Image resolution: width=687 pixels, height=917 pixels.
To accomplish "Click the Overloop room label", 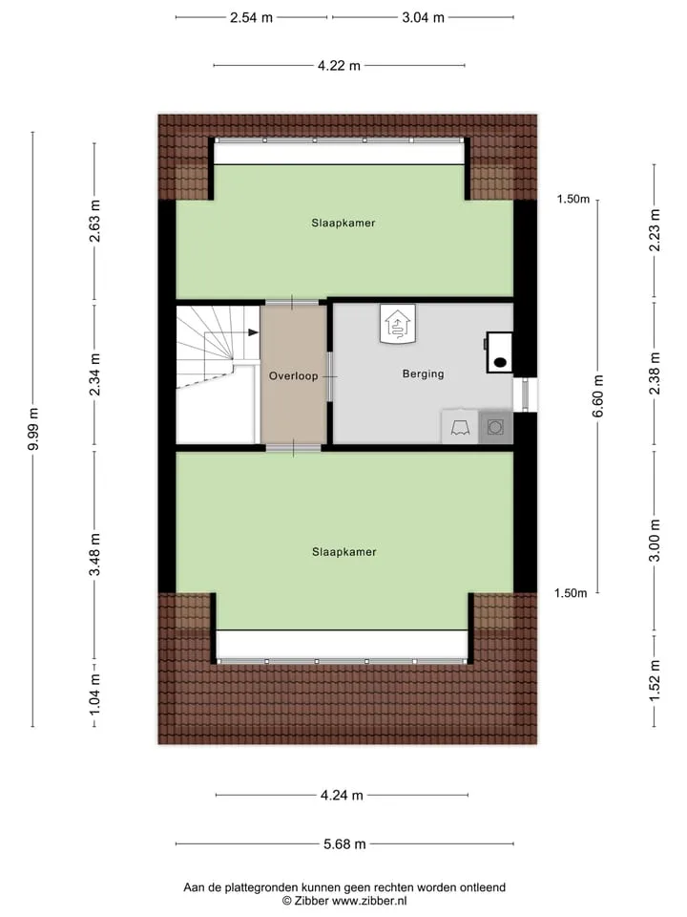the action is click(x=293, y=375).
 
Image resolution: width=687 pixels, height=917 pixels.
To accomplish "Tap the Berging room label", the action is click(x=423, y=373).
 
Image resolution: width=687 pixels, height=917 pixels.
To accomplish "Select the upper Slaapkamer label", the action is click(x=343, y=223).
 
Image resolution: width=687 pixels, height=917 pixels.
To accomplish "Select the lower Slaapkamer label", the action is click(x=344, y=551).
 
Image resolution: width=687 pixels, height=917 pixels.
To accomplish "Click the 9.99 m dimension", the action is click(x=34, y=429).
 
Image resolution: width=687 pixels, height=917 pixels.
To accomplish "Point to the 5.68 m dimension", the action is click(x=344, y=843).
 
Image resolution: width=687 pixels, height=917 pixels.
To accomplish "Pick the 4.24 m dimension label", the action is click(x=342, y=796).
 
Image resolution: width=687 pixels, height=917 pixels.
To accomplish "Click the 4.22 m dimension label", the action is click(x=339, y=66).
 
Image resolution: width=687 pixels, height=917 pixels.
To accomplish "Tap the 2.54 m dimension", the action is click(x=251, y=17).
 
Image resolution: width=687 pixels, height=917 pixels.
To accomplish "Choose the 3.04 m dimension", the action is click(x=423, y=17).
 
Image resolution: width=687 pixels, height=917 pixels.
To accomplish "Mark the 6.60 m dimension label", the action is click(x=597, y=396).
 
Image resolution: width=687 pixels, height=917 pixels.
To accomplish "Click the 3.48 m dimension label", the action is click(x=94, y=554).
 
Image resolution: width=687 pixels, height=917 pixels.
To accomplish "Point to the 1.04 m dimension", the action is click(x=94, y=693).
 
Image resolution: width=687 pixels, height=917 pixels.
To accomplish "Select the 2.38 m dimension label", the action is click(x=655, y=373).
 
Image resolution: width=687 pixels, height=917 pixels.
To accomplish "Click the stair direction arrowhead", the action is click(x=254, y=332).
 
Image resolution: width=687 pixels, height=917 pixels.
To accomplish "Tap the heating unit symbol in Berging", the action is click(x=398, y=324).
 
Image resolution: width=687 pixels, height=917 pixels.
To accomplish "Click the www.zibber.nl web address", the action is click(x=369, y=901).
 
